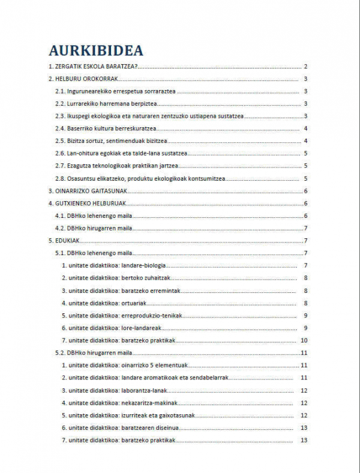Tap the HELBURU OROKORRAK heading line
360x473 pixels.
tap(83, 79)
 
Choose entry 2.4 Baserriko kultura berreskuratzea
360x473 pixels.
tap(106, 128)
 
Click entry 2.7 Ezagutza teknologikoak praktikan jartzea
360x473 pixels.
tap(116, 166)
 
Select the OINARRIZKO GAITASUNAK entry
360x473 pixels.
tap(87, 191)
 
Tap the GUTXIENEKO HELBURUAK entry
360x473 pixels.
tap(86, 203)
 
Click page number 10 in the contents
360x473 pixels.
tap(304, 340)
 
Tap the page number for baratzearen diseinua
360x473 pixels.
tap(304, 427)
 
